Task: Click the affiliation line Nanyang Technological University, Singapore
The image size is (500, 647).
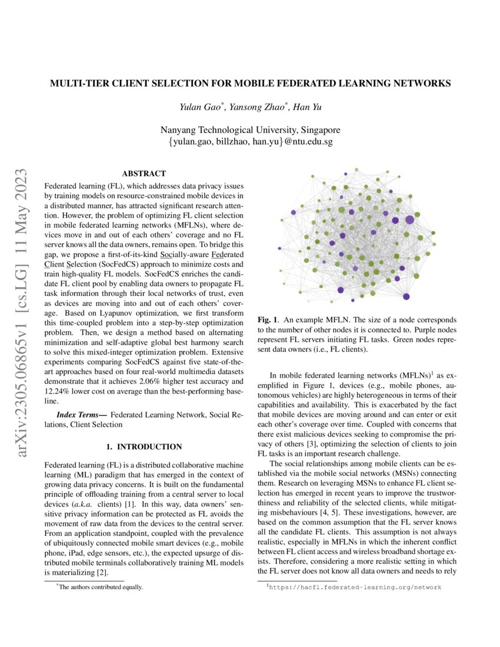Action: [250, 130]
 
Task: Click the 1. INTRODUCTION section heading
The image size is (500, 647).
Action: [144, 447]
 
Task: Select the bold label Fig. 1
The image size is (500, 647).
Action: [268, 319]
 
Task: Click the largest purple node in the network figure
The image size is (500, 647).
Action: [409, 220]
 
